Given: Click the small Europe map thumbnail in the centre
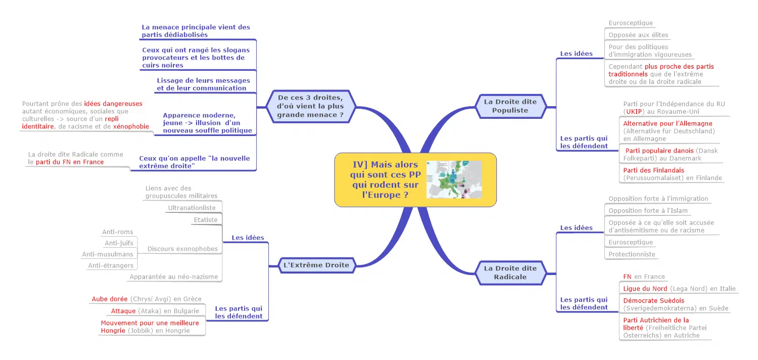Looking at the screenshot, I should point(454,179).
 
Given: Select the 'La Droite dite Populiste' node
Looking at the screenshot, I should point(510,106).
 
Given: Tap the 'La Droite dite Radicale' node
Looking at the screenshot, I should point(510,273).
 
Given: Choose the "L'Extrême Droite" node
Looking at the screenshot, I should point(316,265).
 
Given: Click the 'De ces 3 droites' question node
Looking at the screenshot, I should point(310,107).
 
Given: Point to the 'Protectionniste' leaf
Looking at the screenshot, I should point(632,254).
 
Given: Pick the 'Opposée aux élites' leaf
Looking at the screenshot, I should point(638,35).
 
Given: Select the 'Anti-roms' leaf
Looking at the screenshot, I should point(118,232).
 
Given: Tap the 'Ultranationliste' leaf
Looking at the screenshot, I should point(192,208).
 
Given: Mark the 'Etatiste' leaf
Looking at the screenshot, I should point(206,220).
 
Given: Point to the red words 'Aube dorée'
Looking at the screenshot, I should point(109,299).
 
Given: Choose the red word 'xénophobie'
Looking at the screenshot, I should point(131,126).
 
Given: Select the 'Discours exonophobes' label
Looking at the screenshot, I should point(182,249).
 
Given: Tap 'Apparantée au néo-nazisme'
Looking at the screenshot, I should point(173,277).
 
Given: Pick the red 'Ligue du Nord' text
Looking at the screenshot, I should point(645,289).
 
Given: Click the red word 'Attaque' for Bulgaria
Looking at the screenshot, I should point(123,311).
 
